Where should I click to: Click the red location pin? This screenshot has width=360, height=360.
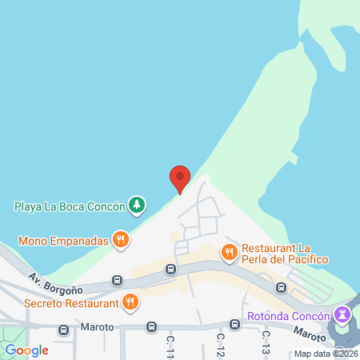point(180,178)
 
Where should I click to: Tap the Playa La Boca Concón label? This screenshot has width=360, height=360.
point(70,206)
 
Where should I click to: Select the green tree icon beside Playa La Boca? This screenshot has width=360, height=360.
point(137,206)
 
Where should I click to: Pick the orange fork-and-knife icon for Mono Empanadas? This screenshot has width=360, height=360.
point(120,238)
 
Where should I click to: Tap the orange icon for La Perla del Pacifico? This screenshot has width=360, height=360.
point(230,253)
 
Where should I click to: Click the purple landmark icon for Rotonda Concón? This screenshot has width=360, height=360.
point(343,313)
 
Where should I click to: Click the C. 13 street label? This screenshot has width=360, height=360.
point(265,344)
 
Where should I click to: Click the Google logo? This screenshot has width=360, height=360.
point(26,350)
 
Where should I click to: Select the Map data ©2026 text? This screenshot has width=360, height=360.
point(326,354)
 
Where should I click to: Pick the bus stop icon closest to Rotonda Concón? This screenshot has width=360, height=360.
point(282,287)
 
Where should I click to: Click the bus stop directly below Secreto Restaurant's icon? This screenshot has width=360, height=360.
point(151,326)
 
